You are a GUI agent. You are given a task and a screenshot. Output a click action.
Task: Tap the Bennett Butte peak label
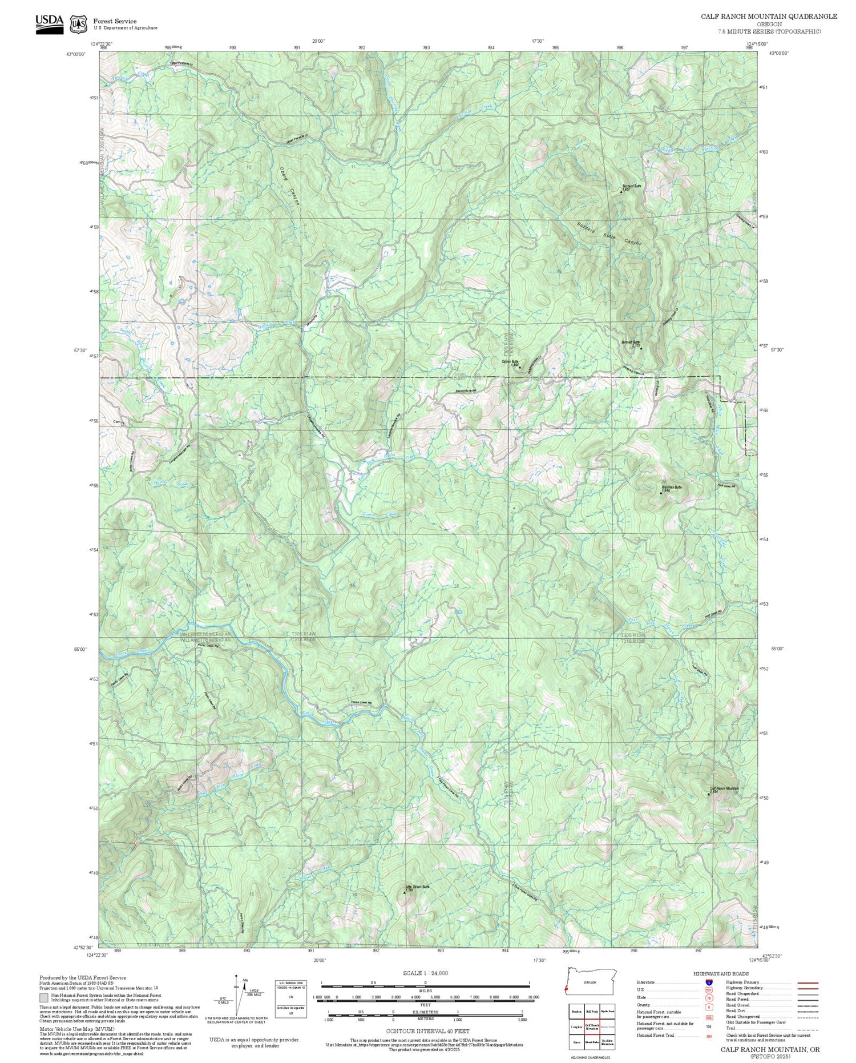(x=631, y=343)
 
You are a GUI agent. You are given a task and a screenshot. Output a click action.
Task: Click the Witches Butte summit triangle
(x=661, y=492)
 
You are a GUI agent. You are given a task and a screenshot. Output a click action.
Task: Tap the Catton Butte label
(x=510, y=362)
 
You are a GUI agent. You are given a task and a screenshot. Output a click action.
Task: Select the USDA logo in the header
(x=50, y=23)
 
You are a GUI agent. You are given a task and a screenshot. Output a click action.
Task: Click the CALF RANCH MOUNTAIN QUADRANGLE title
(x=769, y=17)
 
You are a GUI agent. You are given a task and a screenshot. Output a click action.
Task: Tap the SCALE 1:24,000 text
(x=425, y=973)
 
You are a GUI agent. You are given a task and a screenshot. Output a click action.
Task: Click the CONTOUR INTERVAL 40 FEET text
(x=427, y=1031)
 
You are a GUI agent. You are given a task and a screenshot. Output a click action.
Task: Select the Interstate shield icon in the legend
(x=708, y=982)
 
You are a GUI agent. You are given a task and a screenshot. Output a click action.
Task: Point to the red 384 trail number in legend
(x=708, y=1035)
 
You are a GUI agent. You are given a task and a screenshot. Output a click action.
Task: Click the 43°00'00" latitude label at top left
(x=76, y=54)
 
